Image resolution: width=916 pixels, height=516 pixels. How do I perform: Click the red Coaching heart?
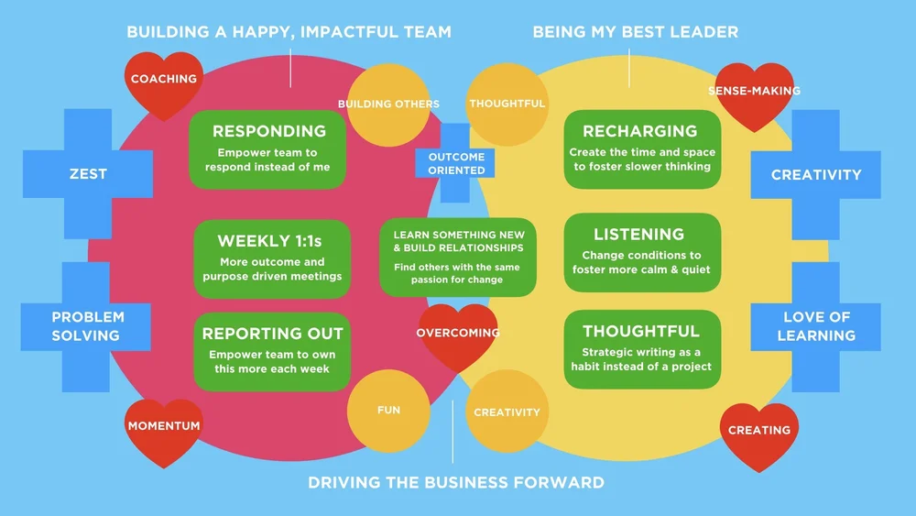tap(164, 83)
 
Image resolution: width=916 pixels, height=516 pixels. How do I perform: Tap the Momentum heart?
tap(163, 429)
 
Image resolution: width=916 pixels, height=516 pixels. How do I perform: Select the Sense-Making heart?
tap(754, 93)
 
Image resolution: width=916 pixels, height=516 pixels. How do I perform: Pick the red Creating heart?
tap(759, 433)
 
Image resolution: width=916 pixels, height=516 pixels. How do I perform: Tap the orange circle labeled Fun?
tap(388, 411)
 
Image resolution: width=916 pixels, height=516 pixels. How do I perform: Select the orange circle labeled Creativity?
tap(507, 412)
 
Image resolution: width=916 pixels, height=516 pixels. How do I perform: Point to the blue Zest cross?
tap(88, 173)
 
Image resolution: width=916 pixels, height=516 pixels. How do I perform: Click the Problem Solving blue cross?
tap(88, 326)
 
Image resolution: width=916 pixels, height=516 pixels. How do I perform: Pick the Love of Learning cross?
tap(815, 326)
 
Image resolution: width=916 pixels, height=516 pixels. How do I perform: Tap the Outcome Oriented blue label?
tap(456, 163)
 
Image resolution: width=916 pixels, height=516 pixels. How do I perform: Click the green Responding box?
tap(268, 149)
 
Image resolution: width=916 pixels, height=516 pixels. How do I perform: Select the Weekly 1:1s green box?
tap(271, 258)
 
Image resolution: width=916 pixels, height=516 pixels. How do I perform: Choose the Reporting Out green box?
tap(272, 350)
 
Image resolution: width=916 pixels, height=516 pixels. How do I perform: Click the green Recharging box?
tap(641, 149)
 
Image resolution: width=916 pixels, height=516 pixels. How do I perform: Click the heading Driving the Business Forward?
tap(455, 482)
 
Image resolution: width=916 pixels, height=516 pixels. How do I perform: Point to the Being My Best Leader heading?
tap(636, 32)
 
